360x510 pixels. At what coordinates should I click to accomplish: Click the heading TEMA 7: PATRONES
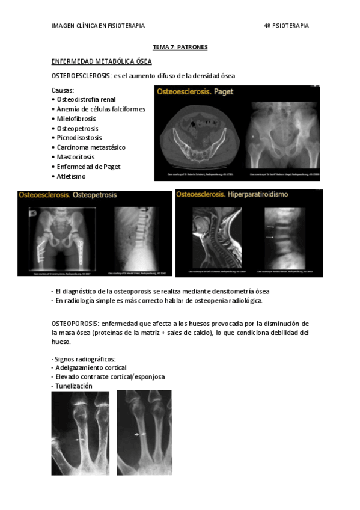point(180,47)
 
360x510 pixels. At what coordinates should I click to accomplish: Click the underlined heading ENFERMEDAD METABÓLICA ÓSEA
point(102,61)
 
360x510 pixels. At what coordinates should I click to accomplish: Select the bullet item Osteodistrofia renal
point(86,99)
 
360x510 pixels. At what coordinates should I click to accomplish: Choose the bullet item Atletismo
point(71,176)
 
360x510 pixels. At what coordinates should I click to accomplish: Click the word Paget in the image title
point(222,92)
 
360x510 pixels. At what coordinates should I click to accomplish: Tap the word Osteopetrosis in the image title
point(95,195)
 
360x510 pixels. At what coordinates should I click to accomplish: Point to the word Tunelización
point(74,386)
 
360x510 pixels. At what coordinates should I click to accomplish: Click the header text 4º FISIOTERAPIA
point(286,26)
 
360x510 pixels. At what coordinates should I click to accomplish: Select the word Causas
point(63,90)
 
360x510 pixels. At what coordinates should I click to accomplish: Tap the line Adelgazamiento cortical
point(91,367)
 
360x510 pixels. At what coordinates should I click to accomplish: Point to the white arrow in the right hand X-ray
point(140,434)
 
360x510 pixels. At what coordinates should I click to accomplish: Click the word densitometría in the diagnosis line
point(217,291)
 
